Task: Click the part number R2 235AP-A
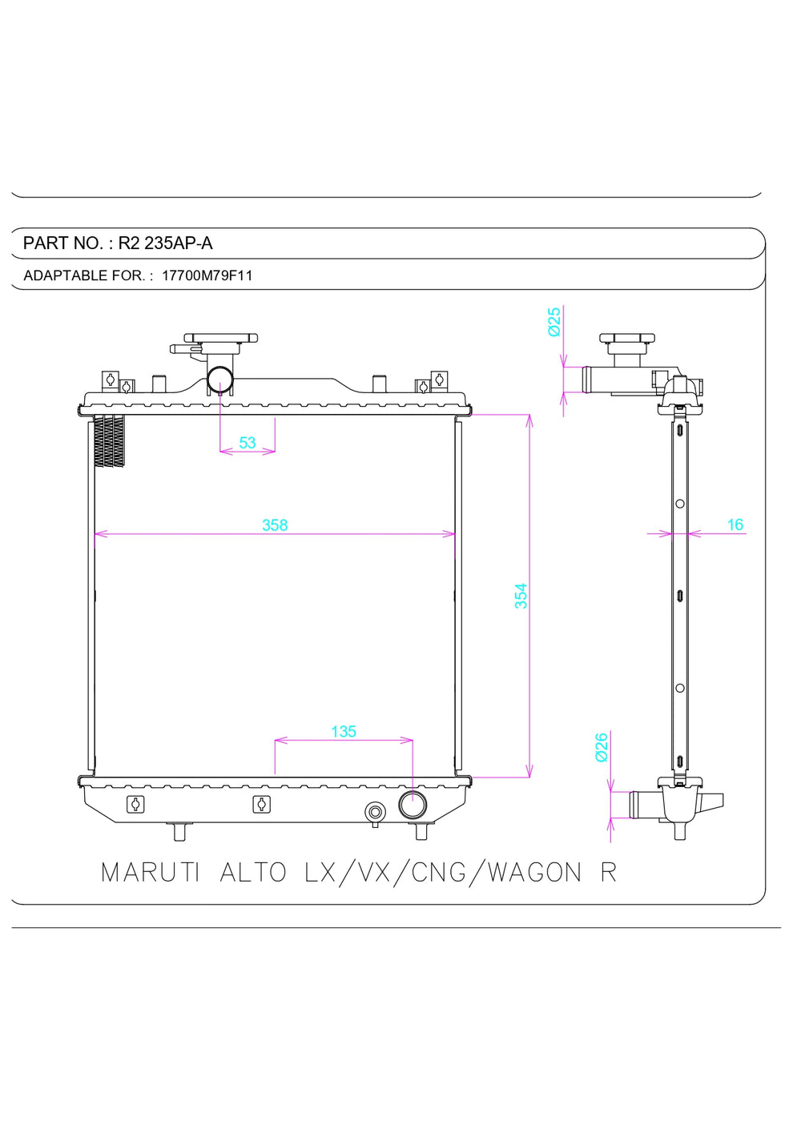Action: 165,243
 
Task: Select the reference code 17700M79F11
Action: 207,275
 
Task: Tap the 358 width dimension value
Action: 274,525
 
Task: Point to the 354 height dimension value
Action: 521,596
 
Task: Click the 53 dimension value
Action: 248,443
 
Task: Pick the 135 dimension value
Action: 343,731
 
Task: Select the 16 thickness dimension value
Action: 735,525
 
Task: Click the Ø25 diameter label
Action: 554,322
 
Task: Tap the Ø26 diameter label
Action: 602,746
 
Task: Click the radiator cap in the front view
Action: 220,339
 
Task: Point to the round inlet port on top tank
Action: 220,378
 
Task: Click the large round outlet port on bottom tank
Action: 413,805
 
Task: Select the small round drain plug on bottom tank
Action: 374,812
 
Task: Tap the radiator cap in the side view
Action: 626,340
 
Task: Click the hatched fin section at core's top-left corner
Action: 110,440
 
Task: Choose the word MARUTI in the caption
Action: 150,872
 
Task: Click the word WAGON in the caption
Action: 534,872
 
